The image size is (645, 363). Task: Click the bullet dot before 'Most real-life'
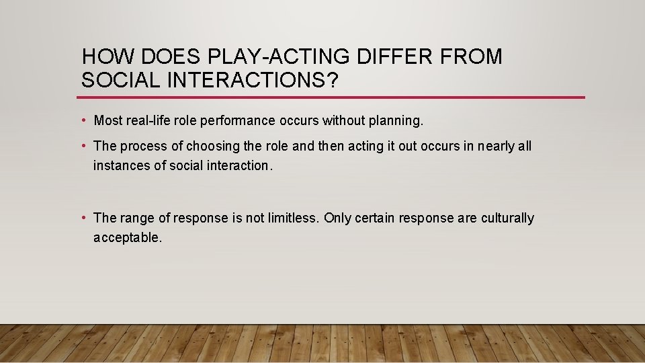(83, 121)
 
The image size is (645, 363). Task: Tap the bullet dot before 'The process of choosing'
(83, 146)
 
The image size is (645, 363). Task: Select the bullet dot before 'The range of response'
(83, 218)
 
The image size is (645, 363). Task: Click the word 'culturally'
(507, 218)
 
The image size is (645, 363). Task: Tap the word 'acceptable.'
(128, 237)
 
